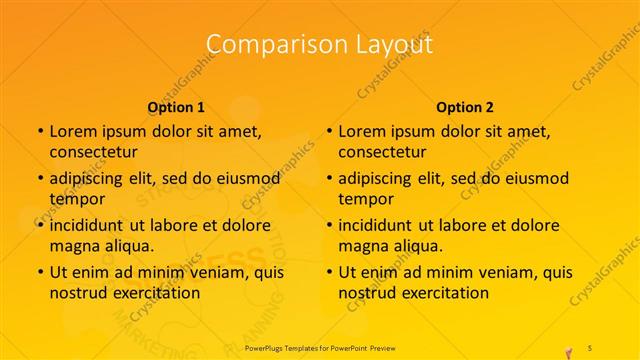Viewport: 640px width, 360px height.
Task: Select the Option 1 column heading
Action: [x=176, y=107]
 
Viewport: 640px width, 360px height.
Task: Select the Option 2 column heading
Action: [x=465, y=107]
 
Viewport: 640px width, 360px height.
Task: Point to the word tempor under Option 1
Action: [x=75, y=199]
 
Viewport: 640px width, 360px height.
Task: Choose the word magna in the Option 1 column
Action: [x=74, y=246]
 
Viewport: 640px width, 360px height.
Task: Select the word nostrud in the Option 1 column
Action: [x=77, y=293]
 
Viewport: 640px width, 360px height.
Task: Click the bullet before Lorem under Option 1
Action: [x=39, y=132]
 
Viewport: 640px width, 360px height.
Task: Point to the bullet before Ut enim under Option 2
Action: [x=329, y=272]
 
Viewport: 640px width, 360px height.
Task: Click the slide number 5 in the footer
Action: [x=590, y=347]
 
